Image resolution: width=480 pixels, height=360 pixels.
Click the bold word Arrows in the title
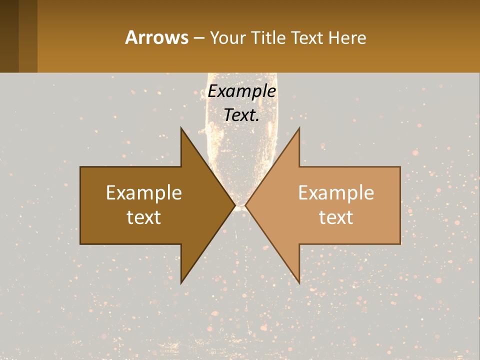(x=156, y=37)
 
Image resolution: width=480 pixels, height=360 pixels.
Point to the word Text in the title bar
(x=307, y=38)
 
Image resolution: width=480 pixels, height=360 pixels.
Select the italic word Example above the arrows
(x=242, y=91)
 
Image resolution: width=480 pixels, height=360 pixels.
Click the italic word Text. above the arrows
(x=242, y=115)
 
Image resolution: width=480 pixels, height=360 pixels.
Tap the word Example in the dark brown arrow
(x=144, y=193)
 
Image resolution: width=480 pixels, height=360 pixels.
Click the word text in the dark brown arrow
(x=144, y=217)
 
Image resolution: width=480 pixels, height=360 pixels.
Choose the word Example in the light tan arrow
(x=336, y=193)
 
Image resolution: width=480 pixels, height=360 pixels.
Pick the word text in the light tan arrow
(x=336, y=217)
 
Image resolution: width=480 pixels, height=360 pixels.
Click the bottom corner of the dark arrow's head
(x=181, y=282)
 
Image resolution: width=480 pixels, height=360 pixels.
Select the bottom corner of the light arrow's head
(x=299, y=282)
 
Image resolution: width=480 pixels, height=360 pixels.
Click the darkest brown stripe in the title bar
(x=9, y=36)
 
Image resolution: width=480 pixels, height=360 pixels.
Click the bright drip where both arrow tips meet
(x=240, y=205)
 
